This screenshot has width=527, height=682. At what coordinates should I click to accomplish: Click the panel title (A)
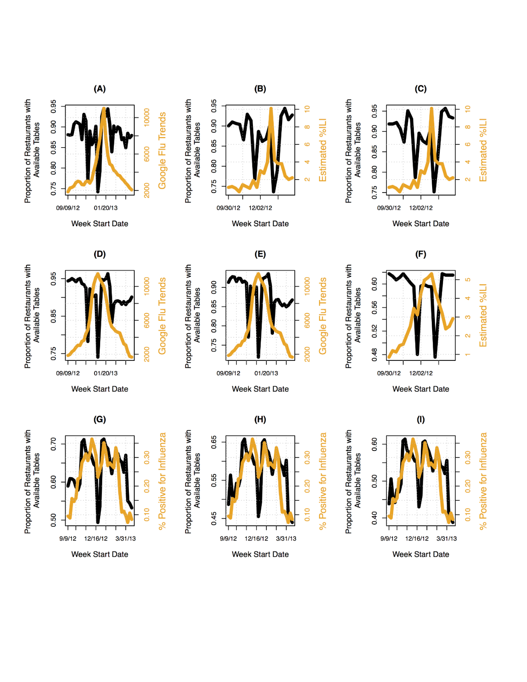[x=100, y=89]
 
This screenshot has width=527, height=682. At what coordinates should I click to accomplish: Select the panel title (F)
[x=420, y=254]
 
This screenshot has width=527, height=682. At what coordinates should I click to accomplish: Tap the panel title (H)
[x=260, y=420]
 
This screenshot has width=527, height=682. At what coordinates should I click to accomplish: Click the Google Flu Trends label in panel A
[x=162, y=150]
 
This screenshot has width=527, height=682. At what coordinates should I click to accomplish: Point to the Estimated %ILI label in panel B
[x=323, y=150]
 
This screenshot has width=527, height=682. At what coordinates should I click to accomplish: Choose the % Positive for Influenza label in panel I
[x=483, y=481]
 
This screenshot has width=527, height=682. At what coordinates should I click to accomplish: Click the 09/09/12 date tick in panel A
[x=68, y=208]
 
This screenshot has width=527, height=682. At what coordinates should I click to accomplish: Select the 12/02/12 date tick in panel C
[x=421, y=208]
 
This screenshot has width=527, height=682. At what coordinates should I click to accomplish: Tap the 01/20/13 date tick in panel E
[x=266, y=373]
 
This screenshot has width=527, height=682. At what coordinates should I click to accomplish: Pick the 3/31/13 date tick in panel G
[x=126, y=539]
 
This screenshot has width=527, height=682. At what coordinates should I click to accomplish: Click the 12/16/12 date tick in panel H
[x=256, y=539]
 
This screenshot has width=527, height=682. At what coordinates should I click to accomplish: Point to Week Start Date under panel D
[x=100, y=389]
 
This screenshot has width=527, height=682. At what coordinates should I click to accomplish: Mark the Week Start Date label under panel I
[x=421, y=555]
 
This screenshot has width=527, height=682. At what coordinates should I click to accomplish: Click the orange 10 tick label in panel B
[x=307, y=109]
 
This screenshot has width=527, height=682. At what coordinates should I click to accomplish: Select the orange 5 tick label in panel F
[x=468, y=280]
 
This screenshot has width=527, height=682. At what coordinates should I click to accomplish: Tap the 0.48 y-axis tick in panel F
[x=375, y=354]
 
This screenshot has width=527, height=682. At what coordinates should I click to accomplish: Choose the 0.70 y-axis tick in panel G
[x=54, y=444]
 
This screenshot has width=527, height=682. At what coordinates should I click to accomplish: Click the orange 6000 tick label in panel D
[x=147, y=320]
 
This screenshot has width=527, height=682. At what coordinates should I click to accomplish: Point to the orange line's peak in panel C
[x=432, y=109]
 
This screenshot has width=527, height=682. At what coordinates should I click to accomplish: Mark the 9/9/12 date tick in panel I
[x=389, y=539]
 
